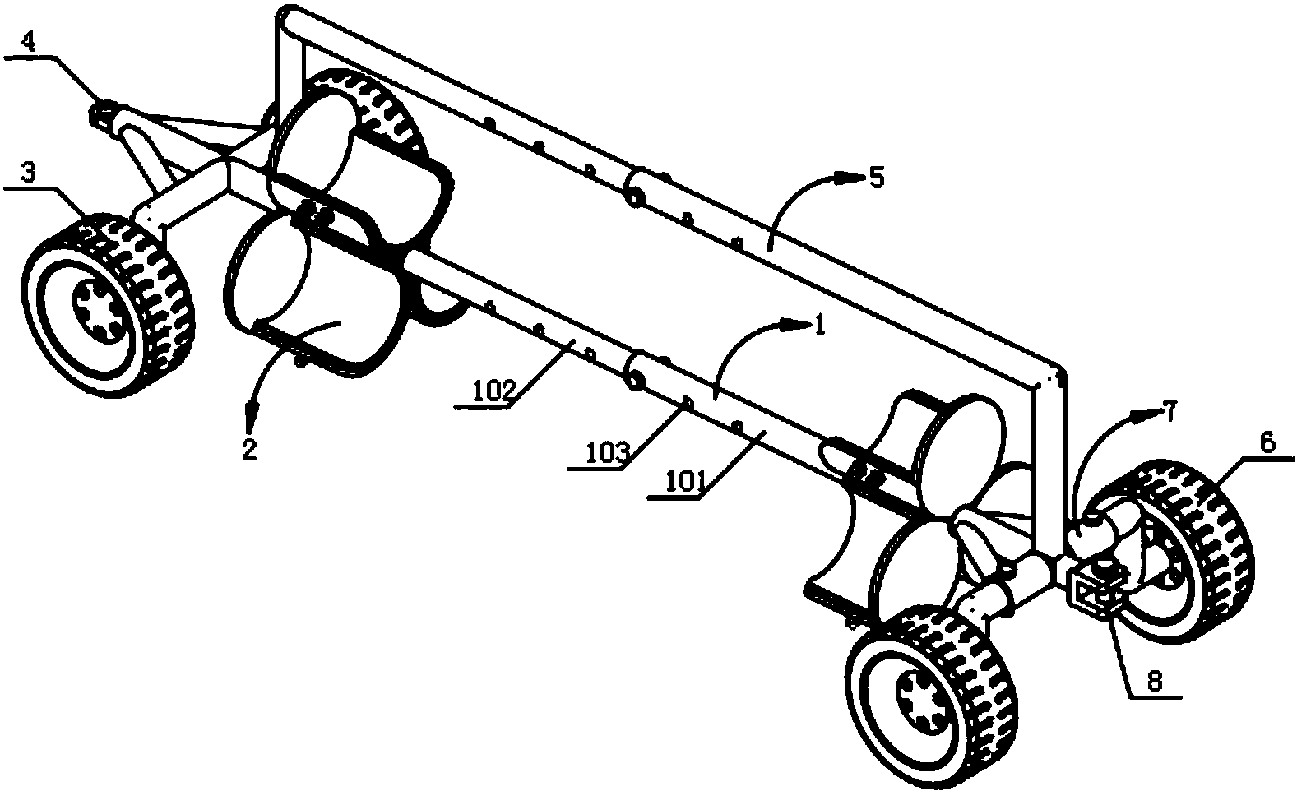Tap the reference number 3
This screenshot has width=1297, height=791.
coord(28,172)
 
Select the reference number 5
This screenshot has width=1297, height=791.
coord(878,178)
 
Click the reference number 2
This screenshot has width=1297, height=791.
coord(249,449)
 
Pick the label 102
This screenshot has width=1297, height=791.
coord(494,392)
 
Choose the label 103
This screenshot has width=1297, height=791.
coord(608,453)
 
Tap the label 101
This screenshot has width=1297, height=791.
coord(688,482)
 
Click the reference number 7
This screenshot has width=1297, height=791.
coord(1169,412)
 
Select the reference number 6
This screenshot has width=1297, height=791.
coord(1267,443)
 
